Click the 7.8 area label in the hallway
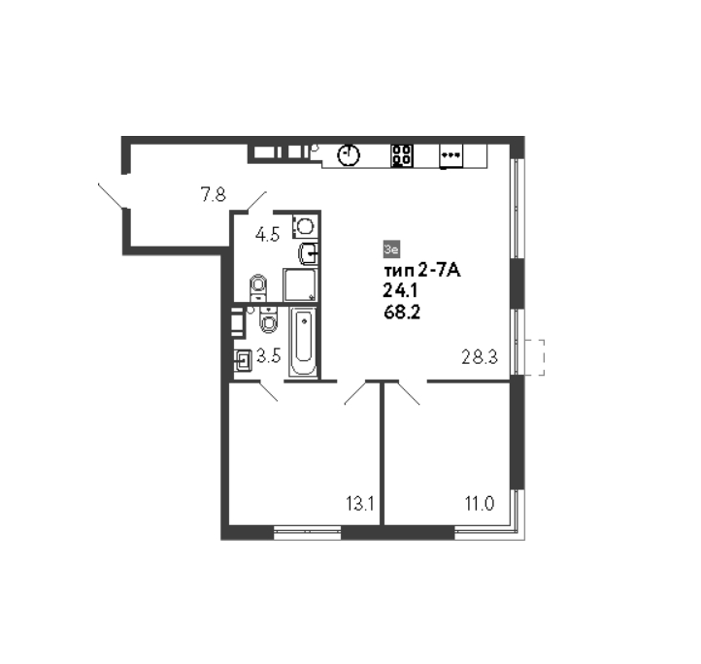[214, 195]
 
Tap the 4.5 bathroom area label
[267, 234]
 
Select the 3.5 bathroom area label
[268, 356]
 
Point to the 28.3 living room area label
[480, 357]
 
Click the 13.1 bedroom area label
[360, 504]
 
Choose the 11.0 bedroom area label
[480, 504]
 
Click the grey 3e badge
[391, 249]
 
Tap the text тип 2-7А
[421, 271]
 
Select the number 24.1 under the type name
[400, 291]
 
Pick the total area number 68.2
[402, 312]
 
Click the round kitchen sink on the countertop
[349, 155]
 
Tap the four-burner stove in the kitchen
[402, 155]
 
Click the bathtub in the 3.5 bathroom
[304, 342]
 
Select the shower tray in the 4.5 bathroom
[300, 284]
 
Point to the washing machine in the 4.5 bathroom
[305, 226]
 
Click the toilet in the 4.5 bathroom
[258, 287]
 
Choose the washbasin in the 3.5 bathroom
[243, 360]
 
